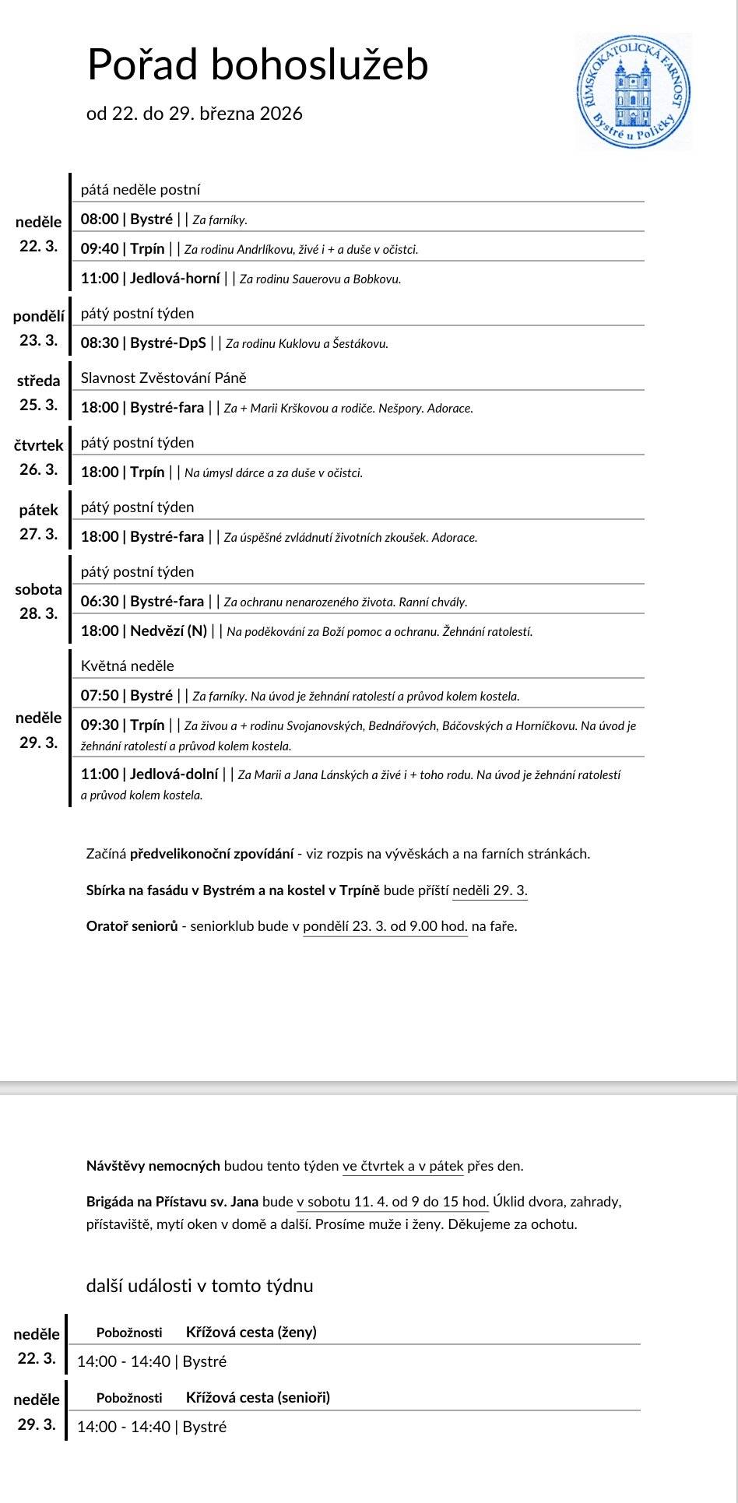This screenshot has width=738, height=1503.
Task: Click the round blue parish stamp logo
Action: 633,92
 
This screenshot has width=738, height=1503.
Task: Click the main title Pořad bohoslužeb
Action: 257,64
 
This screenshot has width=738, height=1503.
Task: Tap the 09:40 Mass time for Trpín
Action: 100,249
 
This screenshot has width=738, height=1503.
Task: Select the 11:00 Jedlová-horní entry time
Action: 100,279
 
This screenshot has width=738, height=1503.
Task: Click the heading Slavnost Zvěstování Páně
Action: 163,378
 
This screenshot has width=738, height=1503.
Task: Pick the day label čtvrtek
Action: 38,445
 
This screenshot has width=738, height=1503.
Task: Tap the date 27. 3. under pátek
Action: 38,534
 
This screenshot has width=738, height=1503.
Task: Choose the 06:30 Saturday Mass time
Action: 100,601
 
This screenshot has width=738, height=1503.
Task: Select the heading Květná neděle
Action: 128,665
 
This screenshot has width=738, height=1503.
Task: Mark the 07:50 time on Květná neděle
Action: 100,695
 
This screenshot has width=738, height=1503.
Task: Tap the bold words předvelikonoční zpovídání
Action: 213,854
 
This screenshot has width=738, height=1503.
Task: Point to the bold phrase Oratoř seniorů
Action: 132,926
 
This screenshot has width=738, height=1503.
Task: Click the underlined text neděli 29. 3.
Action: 490,890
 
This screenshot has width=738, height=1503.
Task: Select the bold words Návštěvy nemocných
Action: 153,1166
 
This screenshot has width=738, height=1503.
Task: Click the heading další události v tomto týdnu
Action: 199,1285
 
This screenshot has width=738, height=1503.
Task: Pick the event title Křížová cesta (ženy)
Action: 251,1332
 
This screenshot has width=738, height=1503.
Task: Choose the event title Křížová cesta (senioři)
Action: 258,1397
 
